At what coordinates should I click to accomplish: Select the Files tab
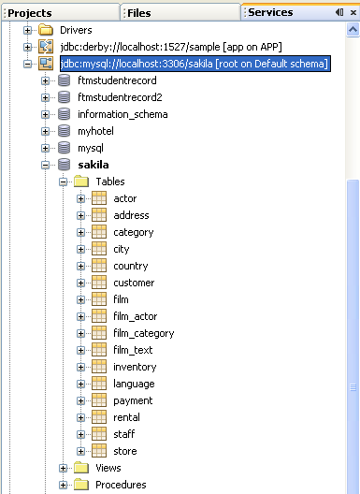138,12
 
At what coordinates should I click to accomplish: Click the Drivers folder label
76,30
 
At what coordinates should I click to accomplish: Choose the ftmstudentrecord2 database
120,97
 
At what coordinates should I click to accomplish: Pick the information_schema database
122,114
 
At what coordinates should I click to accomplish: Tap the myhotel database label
95,131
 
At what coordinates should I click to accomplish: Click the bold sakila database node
93,165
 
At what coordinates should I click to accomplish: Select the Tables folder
109,182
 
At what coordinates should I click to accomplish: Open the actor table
124,198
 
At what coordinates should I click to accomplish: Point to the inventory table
135,367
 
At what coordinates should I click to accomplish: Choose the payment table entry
133,400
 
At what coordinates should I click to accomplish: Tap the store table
125,451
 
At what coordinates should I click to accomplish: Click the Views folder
108,468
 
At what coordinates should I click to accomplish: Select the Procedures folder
121,485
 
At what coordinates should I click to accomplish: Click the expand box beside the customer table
81,283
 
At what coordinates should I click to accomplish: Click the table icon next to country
99,266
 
